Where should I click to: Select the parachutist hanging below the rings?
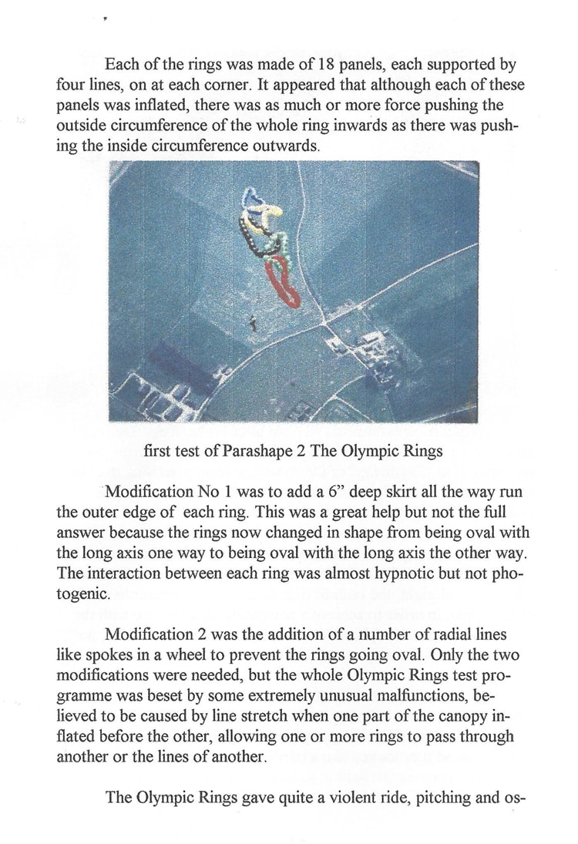click(254, 326)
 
